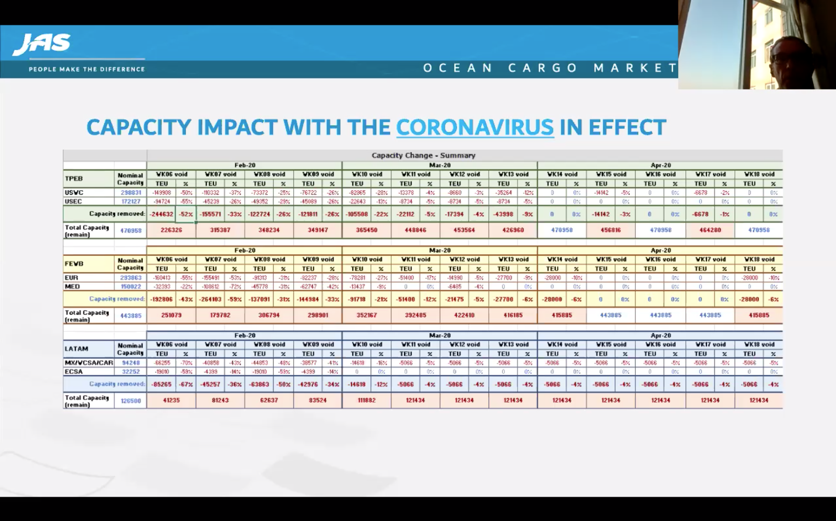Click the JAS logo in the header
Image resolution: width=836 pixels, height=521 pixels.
[x=42, y=45]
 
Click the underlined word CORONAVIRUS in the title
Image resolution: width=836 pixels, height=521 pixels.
[x=475, y=127]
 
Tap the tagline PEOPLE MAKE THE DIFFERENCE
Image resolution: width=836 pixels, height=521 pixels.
[x=86, y=69]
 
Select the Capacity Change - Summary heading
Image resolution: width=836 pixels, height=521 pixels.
[x=423, y=155]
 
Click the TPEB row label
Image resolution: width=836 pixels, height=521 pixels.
[x=74, y=179]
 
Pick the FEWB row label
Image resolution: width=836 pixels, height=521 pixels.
[x=74, y=264]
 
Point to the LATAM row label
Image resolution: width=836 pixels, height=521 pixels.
[x=76, y=349]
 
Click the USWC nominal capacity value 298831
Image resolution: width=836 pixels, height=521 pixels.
[x=130, y=193]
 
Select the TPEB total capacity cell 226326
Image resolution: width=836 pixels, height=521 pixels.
[x=171, y=230]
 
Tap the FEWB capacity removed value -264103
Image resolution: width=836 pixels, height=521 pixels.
[x=210, y=299]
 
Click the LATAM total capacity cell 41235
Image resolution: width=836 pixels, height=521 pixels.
[x=171, y=400]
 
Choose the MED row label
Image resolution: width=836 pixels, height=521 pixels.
[x=72, y=286]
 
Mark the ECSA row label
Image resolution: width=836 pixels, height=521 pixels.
[x=74, y=371]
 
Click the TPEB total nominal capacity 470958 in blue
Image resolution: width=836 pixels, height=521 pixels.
[x=130, y=231]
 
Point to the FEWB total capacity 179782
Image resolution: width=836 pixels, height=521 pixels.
[x=220, y=315]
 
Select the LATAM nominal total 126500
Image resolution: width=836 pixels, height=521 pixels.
[x=130, y=401]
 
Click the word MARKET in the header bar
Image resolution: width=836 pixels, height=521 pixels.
[x=635, y=68]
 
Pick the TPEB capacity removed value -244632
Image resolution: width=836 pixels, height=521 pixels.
[x=161, y=214]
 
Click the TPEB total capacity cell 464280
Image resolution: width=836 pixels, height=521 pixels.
[x=710, y=230]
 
